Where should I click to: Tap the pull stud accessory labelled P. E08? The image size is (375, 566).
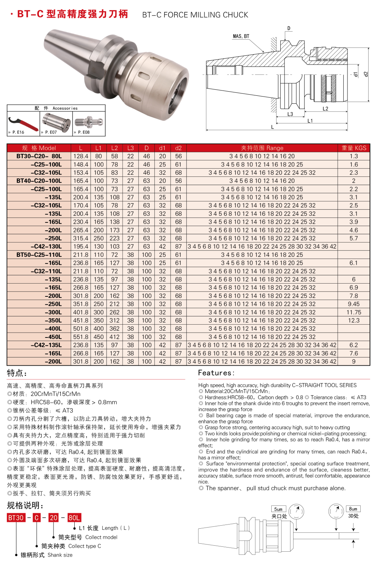89,122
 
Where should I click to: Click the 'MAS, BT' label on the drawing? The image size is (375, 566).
241,36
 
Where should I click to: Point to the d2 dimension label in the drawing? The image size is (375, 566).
365,74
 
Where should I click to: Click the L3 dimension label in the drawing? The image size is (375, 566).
290,114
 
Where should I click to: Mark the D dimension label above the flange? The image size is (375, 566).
289,28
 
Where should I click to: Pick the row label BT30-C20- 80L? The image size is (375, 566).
39,156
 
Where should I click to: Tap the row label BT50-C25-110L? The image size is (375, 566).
39,255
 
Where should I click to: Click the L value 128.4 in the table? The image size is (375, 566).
81,156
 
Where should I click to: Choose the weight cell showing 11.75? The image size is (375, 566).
353,312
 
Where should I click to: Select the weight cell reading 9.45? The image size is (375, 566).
353,304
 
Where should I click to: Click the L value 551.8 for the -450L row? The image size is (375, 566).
81,337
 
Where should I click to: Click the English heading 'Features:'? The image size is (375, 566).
216,373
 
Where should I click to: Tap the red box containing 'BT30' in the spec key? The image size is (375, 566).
16,518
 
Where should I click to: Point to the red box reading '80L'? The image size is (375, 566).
74,518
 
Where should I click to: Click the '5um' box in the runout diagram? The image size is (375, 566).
278,509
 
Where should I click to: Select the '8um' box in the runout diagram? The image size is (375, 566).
353,509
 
